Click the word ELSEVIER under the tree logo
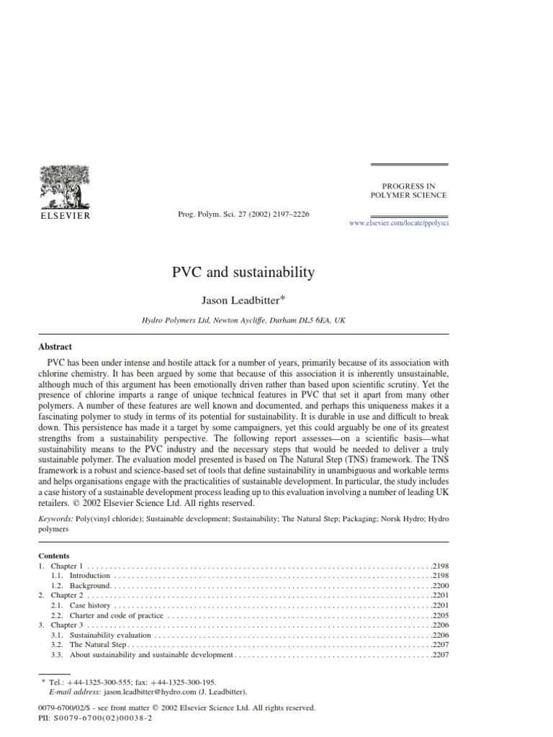point(64,214)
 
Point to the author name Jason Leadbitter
point(243,299)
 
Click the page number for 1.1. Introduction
point(440,576)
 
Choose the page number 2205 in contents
point(440,616)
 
